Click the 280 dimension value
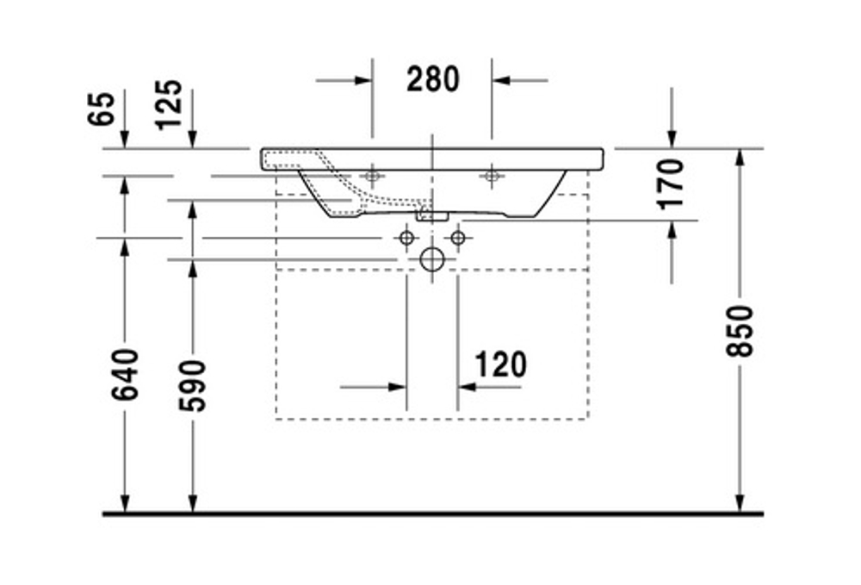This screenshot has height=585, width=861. pos(433,79)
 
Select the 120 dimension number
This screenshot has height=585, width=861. pos(500,364)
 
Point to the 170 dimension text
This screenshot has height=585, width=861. pos(671,183)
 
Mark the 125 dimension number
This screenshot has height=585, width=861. pos(170,104)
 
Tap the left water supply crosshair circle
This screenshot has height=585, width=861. pos(406,237)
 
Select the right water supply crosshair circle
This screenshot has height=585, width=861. pos(458,237)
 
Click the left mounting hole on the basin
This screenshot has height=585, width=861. pos(372,177)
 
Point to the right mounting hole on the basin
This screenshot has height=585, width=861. pos(492,177)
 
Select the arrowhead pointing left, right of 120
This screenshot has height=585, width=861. pos(466,387)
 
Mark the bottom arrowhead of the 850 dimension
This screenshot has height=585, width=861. pos(739,504)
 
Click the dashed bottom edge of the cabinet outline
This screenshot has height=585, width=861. pos(431,419)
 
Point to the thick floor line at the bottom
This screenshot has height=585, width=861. pos(431,514)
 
